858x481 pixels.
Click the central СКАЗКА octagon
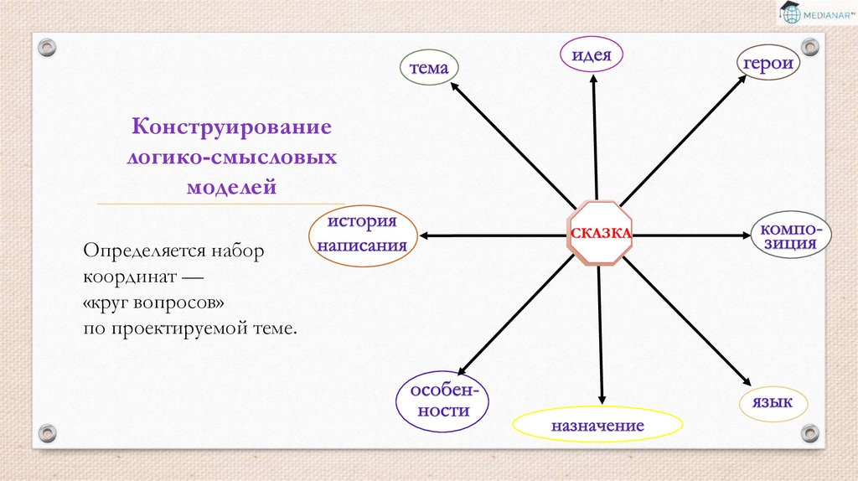pos(600,234)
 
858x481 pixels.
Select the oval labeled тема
pos(429,69)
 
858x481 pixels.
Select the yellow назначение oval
pos(597,426)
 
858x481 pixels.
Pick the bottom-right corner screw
pos(809,433)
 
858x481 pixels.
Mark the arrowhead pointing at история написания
pos(424,236)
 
